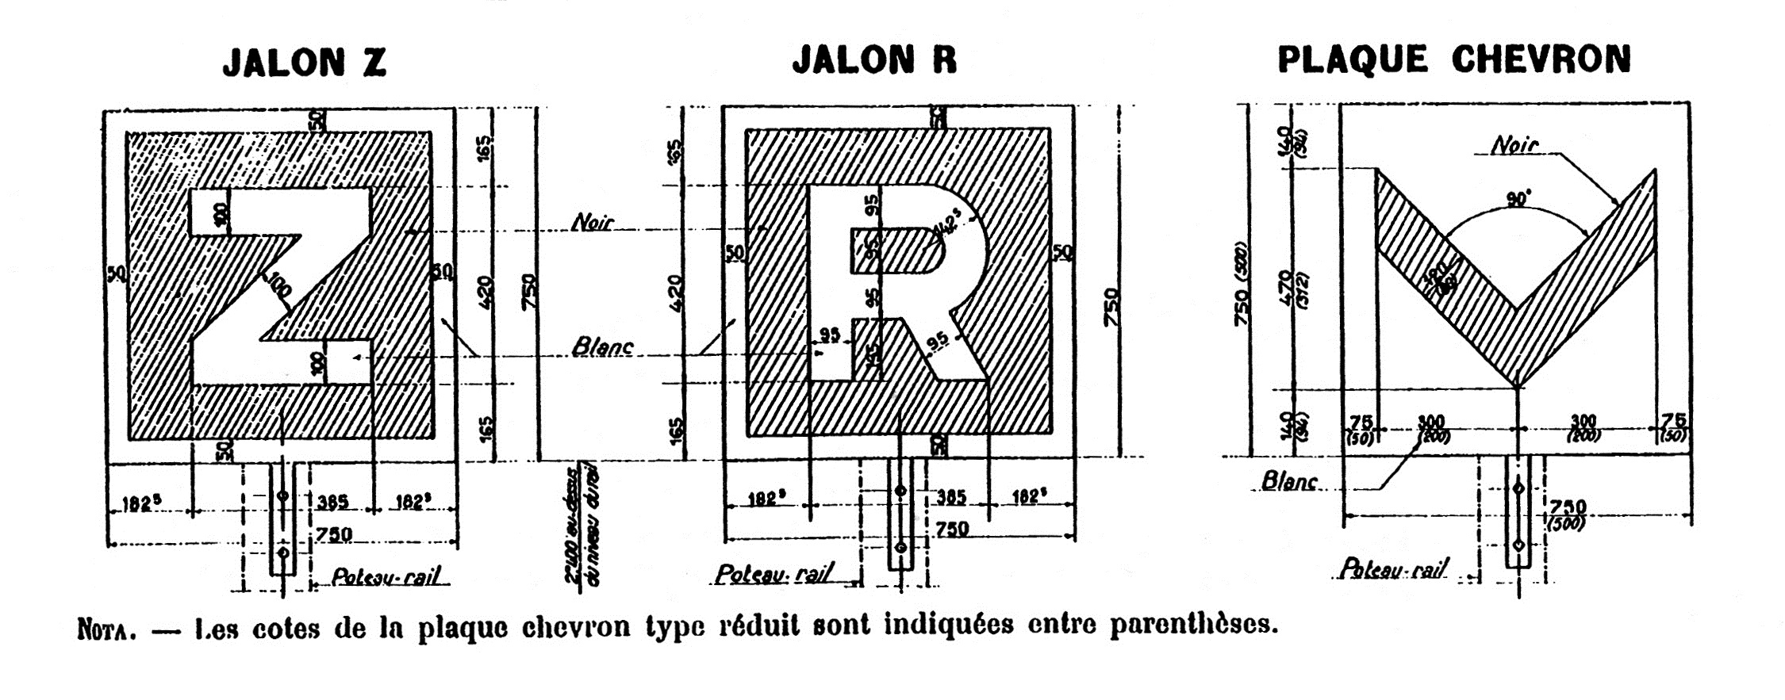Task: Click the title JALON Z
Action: coord(304,63)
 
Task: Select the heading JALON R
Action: coord(874,60)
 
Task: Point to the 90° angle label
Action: coord(1518,198)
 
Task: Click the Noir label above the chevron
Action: coord(1514,146)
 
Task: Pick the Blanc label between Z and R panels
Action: coord(603,347)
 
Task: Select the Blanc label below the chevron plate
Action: coord(1289,481)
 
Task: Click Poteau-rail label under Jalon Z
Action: coord(386,576)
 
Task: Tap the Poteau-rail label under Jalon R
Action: coord(773,574)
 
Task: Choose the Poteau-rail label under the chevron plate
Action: coord(1393,569)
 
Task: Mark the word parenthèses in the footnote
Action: coord(1193,625)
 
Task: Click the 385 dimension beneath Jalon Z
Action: coord(332,503)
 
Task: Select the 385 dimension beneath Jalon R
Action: coord(951,497)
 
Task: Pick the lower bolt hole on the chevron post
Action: coord(1518,545)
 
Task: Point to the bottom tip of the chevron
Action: coord(1517,385)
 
